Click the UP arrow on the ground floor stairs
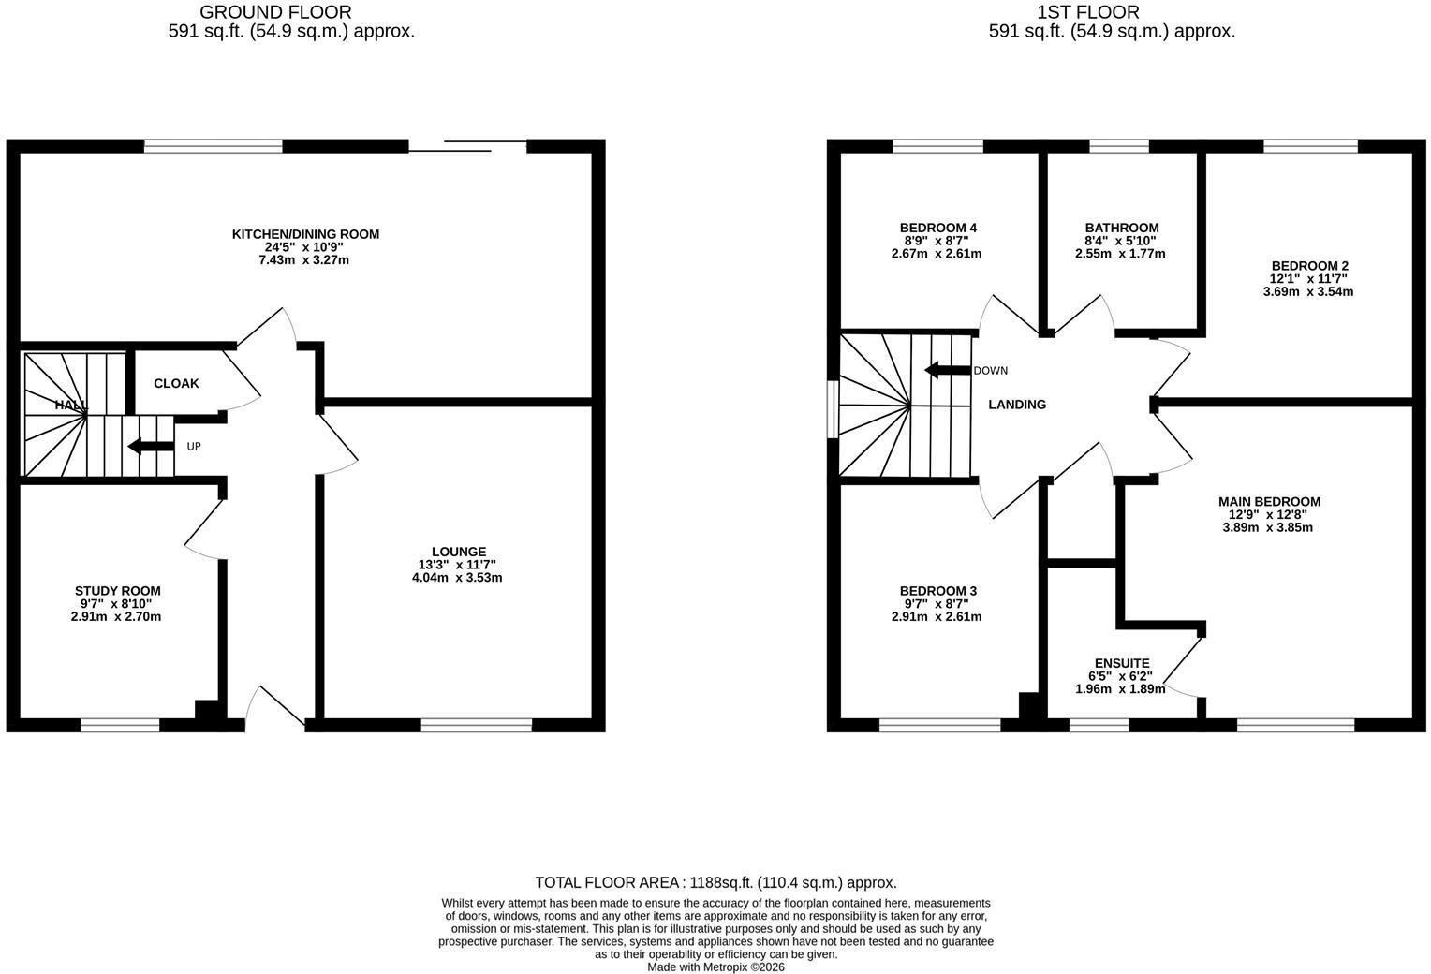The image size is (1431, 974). pyautogui.click(x=151, y=447)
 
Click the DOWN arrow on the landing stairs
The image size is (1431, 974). pyautogui.click(x=948, y=370)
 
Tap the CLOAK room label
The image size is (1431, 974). pyautogui.click(x=176, y=383)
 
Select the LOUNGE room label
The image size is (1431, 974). pyautogui.click(x=459, y=552)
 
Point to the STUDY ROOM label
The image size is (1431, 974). pyautogui.click(x=118, y=591)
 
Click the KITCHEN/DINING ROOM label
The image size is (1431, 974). pyautogui.click(x=305, y=234)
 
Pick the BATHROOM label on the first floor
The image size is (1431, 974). pyautogui.click(x=1122, y=228)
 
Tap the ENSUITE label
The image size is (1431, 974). pyautogui.click(x=1122, y=663)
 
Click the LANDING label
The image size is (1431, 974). pyautogui.click(x=1017, y=405)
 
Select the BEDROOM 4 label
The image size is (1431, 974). pyautogui.click(x=937, y=228)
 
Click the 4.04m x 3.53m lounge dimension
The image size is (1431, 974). pyautogui.click(x=457, y=577)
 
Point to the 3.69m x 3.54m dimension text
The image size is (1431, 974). pyautogui.click(x=1308, y=291)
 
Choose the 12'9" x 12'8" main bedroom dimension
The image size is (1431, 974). pyautogui.click(x=1268, y=514)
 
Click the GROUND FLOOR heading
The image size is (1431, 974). pyautogui.click(x=275, y=12)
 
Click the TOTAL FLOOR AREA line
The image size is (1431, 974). pyautogui.click(x=715, y=882)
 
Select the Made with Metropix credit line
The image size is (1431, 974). pyautogui.click(x=715, y=967)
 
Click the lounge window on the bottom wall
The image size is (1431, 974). pyautogui.click(x=476, y=725)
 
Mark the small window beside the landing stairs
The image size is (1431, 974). pyautogui.click(x=833, y=409)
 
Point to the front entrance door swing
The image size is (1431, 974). pyautogui.click(x=274, y=708)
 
